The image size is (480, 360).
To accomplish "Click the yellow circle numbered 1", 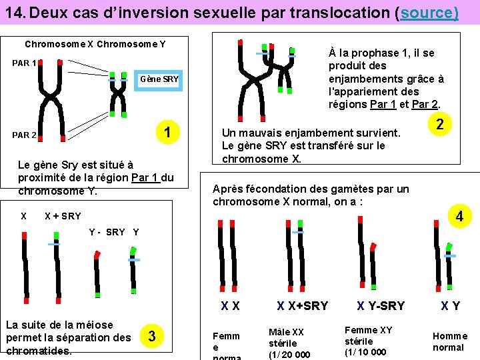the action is click(170, 132).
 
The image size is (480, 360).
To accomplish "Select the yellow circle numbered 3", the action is click(153, 336).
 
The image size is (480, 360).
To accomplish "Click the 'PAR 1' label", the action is click(23, 63).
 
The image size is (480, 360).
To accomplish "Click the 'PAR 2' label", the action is click(24, 135).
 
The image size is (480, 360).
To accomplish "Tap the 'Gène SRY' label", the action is click(159, 79).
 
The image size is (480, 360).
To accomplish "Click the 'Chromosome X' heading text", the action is click(59, 45).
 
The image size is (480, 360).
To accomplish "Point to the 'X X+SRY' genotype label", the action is click(303, 306).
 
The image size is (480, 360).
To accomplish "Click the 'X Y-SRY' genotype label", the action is click(381, 306).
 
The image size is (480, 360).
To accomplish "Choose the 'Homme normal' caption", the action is click(449, 341).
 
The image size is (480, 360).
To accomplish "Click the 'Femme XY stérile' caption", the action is click(368, 341).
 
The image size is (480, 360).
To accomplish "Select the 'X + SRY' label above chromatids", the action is click(62, 216).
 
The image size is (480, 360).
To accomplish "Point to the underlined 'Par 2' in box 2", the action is click(424, 104).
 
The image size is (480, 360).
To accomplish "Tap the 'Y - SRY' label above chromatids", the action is click(107, 232).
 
